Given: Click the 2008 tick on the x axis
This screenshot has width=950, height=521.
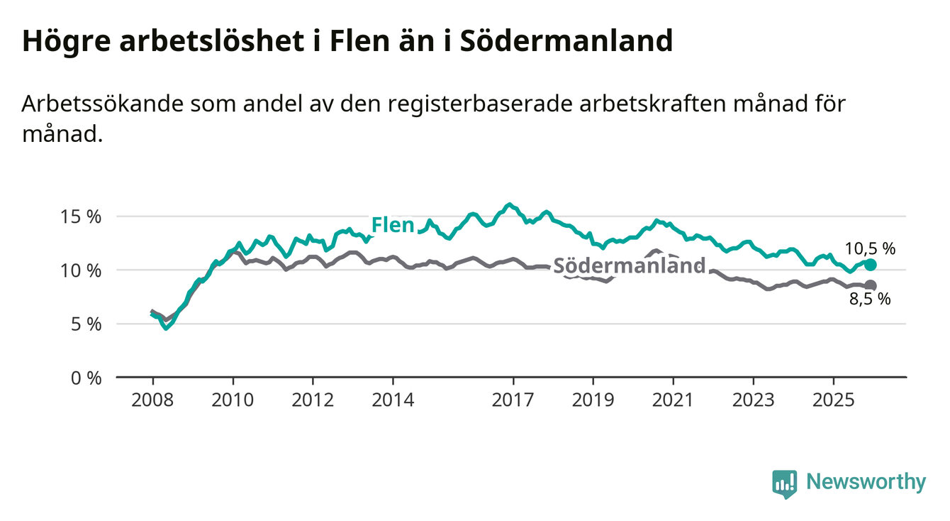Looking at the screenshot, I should tap(152, 399).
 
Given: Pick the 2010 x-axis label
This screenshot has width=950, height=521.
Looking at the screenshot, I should tap(233, 399).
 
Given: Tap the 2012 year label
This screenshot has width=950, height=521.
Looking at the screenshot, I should tap(313, 399).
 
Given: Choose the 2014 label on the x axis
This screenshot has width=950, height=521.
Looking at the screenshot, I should tap(393, 399).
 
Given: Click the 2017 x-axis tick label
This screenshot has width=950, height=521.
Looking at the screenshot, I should tap(513, 399).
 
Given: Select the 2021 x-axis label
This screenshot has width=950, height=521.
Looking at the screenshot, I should tap(673, 399).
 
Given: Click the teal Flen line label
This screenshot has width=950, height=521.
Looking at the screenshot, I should tap(393, 226).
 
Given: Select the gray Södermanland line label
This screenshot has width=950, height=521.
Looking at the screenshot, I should tap(629, 266).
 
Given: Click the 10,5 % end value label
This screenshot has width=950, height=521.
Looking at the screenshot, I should tap(870, 248).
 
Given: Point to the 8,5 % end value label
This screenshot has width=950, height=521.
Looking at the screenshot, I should tap(870, 300).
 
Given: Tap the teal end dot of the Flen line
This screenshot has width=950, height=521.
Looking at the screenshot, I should tap(871, 265).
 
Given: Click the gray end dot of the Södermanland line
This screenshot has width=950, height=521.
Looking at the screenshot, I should tap(871, 285).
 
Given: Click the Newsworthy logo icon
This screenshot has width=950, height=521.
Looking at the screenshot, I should tap(784, 483).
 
